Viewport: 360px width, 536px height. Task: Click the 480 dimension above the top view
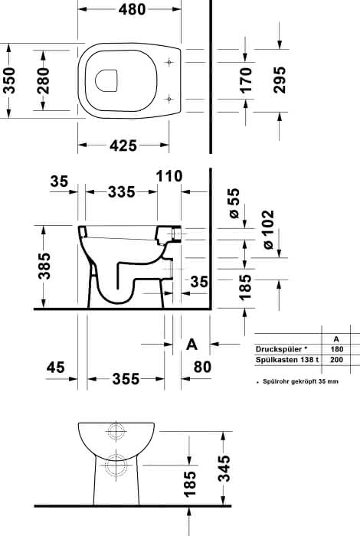132,9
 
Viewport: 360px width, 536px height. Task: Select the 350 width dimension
9,80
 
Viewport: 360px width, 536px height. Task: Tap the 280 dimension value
44,80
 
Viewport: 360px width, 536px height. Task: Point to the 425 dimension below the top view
123,145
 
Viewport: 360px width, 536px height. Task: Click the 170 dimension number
245,80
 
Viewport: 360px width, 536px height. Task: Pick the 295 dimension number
280,80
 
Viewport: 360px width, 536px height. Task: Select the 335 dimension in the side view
121,191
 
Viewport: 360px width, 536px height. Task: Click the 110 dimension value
169,176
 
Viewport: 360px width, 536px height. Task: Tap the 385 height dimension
44,266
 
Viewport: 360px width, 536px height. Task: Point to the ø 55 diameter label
234,204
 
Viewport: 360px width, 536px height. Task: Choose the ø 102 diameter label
268,230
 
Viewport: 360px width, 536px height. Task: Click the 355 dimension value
126,379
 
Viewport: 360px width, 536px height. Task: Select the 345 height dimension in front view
224,469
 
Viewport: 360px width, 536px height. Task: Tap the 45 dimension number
55,368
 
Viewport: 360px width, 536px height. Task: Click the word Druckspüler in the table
279,349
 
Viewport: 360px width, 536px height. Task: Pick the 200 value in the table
336,360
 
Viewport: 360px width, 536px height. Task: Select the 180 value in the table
336,349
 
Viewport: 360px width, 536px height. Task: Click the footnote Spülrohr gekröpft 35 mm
300,381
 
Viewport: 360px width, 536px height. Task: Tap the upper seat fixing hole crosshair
169,62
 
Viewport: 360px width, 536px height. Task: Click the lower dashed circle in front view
116,466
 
